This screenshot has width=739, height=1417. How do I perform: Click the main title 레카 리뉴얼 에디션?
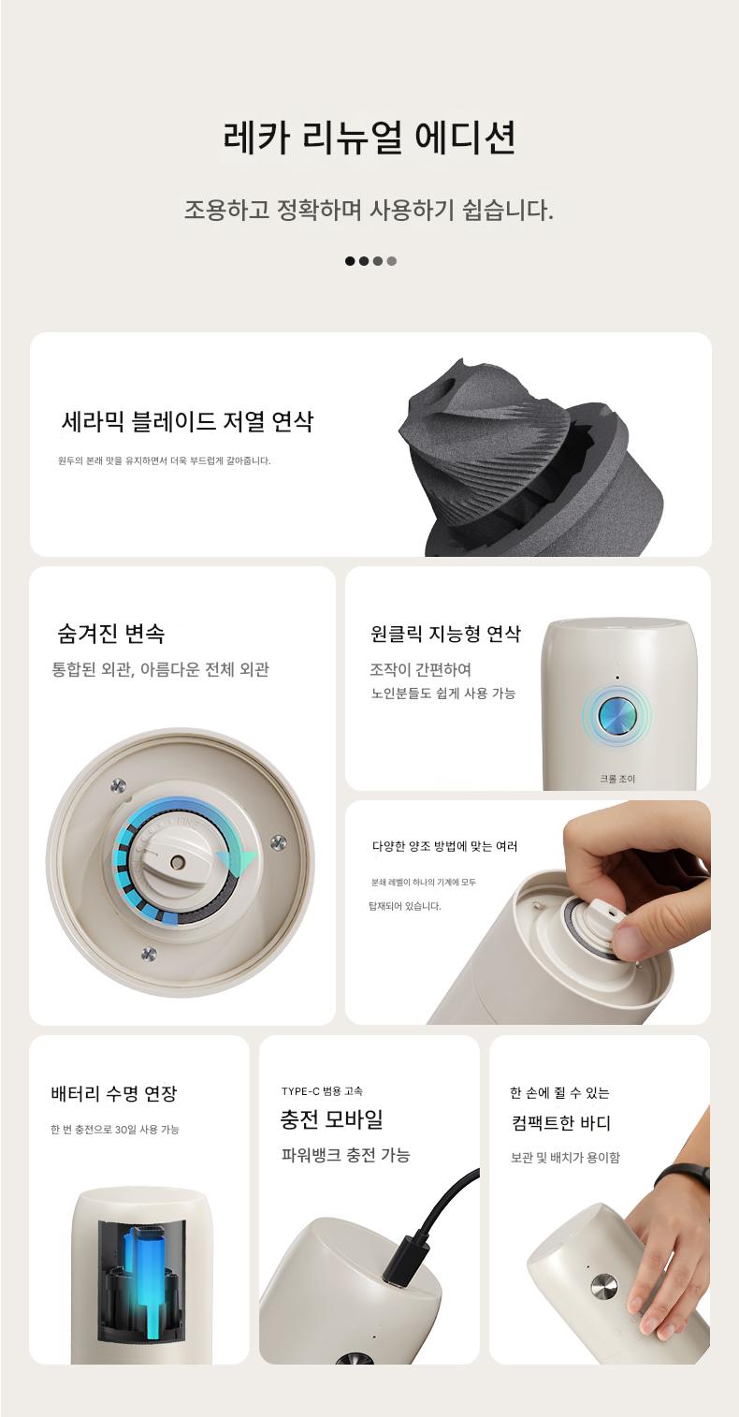click(x=369, y=137)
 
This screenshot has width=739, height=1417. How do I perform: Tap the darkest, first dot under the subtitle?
click(x=350, y=261)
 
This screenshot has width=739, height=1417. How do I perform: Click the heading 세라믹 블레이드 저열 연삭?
click(x=187, y=421)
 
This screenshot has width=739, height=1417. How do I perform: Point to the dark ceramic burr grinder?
click(x=533, y=458)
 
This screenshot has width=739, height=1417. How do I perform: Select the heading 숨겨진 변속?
click(x=110, y=634)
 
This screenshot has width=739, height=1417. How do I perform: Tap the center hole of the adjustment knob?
click(x=177, y=862)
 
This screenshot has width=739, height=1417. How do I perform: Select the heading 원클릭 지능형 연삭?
click(x=445, y=634)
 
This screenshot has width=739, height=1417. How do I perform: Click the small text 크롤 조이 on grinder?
click(x=617, y=779)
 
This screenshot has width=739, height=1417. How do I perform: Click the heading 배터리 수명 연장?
click(x=114, y=1094)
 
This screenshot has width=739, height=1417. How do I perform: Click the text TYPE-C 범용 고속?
click(x=322, y=1091)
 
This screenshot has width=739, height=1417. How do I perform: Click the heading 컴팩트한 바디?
click(x=560, y=1123)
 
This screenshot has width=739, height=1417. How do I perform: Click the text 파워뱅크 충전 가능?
click(x=346, y=1156)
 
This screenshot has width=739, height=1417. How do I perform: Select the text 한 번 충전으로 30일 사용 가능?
click(x=114, y=1129)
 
